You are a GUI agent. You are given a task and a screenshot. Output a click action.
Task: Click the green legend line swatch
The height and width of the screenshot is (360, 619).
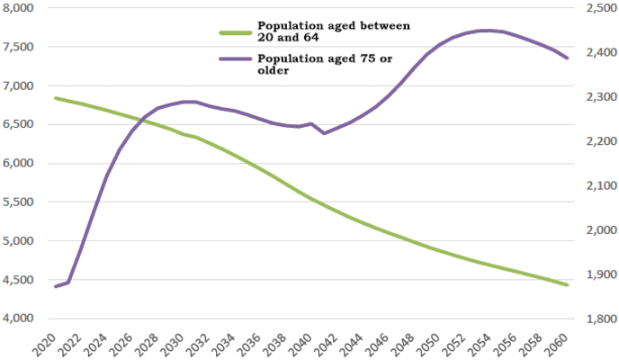236,32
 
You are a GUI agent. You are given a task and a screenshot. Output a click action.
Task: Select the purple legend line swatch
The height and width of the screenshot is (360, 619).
236,59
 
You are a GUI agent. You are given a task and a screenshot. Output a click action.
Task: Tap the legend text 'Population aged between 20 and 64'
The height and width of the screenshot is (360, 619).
333,31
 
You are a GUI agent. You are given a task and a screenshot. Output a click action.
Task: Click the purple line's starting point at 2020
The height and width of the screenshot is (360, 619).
56,286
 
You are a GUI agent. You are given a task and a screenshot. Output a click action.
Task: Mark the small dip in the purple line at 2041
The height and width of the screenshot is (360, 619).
325,133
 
